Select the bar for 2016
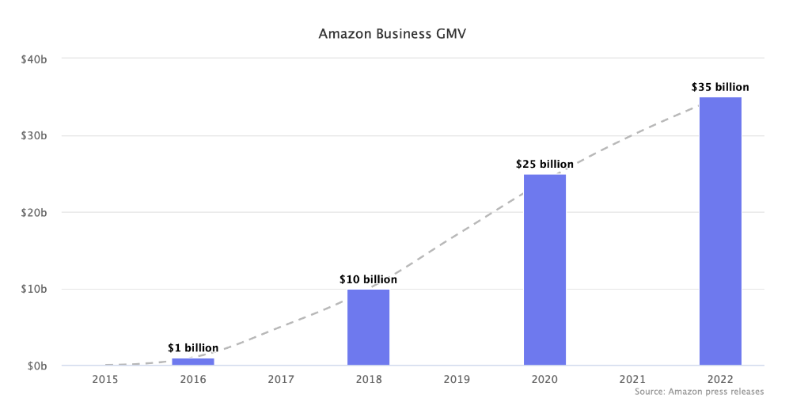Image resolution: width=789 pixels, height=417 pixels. point(193,362)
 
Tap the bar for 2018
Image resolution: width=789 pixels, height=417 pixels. point(369,327)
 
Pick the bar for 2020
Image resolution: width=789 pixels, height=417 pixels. point(544,270)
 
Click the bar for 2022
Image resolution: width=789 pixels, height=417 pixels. point(720,231)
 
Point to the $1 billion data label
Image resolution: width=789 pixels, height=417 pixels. point(193,347)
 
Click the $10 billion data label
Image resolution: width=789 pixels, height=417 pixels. point(369,279)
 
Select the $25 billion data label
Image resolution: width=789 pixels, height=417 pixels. point(544,165)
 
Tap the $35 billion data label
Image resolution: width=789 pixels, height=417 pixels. point(720,88)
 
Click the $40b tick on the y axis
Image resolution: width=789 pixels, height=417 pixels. point(35,59)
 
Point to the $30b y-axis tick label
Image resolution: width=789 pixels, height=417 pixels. point(35,135)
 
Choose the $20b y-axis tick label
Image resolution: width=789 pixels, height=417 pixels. point(35,212)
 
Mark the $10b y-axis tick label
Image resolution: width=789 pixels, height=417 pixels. point(35,289)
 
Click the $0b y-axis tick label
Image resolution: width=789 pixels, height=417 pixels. point(38,366)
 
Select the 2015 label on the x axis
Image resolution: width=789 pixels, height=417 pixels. point(105,380)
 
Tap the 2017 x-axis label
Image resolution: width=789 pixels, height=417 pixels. point(281,380)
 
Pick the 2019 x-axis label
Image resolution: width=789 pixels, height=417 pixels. point(457,380)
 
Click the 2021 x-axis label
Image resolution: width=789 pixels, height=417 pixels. point(632,380)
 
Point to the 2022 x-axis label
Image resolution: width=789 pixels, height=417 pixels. point(720,380)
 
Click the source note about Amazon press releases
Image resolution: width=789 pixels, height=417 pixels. point(699,392)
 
